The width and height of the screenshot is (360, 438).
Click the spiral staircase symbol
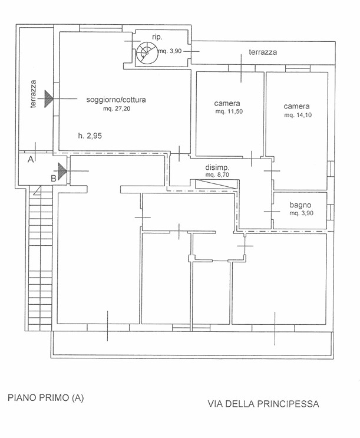(147, 53)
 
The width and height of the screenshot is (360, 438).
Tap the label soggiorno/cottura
(116, 100)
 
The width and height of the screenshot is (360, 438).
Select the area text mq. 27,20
(117, 108)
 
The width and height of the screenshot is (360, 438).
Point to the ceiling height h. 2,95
(90, 136)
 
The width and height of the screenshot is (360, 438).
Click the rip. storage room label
(157, 37)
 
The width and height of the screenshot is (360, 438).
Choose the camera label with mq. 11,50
(227, 103)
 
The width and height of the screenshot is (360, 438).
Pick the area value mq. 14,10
(298, 115)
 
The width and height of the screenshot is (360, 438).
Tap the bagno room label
(300, 205)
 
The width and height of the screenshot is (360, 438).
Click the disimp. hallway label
(217, 168)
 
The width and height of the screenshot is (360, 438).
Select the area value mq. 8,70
(217, 174)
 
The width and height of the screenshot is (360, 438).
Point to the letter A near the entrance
(31, 160)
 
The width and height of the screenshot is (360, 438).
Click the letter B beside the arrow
(54, 179)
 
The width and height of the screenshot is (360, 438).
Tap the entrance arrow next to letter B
(62, 171)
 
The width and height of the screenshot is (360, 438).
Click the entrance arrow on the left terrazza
(48, 98)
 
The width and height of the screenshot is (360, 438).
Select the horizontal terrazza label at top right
(263, 52)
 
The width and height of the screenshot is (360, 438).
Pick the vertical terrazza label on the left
(33, 94)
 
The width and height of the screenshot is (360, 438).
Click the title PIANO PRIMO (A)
(46, 398)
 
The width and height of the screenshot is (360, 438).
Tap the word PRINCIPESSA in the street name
(288, 404)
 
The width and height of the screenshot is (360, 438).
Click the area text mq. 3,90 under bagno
(301, 213)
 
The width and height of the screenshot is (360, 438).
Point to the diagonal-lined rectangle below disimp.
(216, 185)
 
